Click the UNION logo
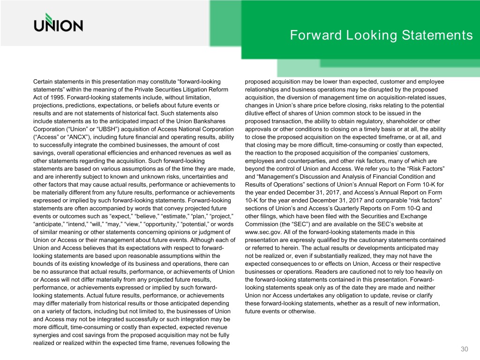(x=58, y=23)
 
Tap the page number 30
(x=465, y=349)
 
